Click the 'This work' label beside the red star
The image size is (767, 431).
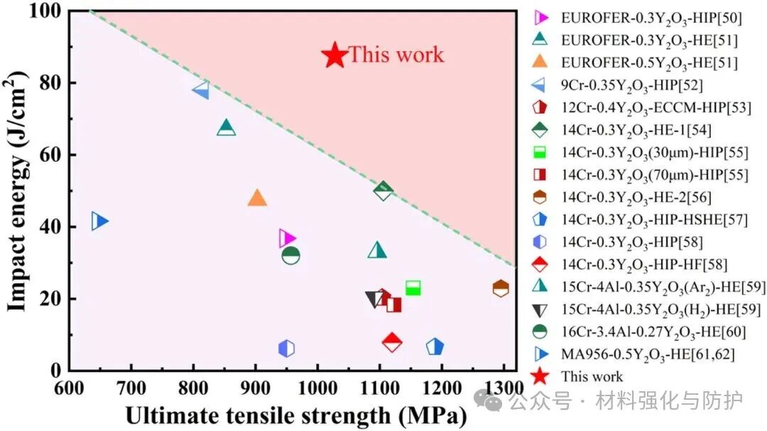(396, 55)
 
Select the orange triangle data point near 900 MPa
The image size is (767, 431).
(257, 198)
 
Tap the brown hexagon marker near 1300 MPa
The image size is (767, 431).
(501, 288)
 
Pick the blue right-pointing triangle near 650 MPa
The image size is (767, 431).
(100, 222)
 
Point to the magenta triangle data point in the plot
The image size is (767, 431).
(287, 239)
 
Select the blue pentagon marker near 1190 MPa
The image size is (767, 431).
(435, 347)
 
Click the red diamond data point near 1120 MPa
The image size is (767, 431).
(392, 342)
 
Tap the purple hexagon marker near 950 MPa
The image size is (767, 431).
(286, 348)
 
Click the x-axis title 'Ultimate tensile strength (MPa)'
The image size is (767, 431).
(295, 415)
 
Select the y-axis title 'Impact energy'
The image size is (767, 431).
(21, 192)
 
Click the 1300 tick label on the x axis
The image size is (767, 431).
(501, 389)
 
